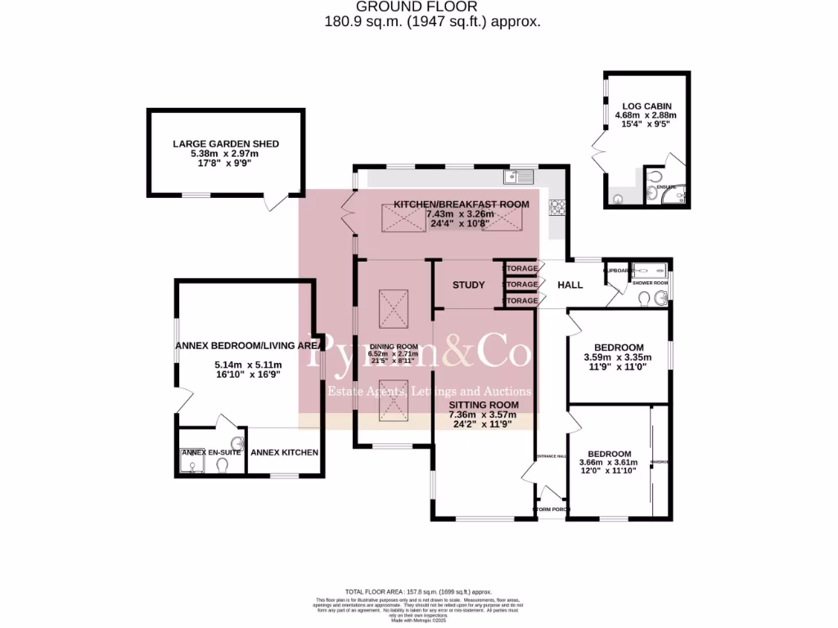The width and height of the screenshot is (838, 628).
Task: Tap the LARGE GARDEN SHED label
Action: [x=225, y=144]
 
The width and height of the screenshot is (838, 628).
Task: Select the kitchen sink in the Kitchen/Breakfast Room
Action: [x=519, y=176]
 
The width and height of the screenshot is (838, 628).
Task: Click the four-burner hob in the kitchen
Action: [x=559, y=209]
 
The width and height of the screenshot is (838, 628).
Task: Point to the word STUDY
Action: [x=469, y=285]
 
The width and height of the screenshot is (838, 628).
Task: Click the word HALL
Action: [x=570, y=285]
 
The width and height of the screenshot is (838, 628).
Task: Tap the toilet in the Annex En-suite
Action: [x=222, y=464]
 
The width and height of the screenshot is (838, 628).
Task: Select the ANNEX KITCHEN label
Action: [x=284, y=452]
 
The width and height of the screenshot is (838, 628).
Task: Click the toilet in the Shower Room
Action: [x=644, y=298]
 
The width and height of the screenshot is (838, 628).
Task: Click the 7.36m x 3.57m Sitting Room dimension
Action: [x=484, y=415]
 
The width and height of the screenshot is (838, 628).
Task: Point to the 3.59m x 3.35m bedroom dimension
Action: [x=617, y=357]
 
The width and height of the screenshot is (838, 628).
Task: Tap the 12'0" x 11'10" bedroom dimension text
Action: [x=609, y=472]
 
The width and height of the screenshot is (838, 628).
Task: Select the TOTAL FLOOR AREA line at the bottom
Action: [x=418, y=590]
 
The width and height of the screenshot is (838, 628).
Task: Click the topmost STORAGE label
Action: [x=521, y=269]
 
